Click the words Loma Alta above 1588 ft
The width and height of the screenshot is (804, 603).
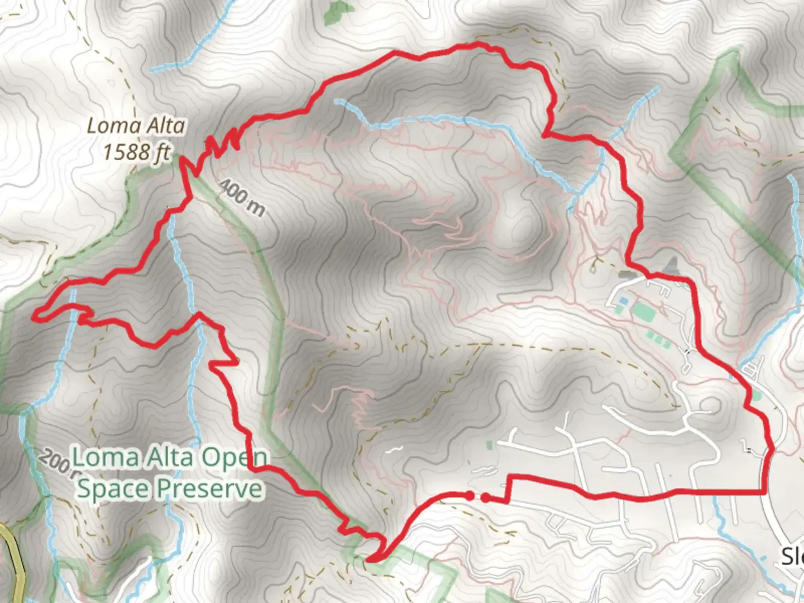[136, 126]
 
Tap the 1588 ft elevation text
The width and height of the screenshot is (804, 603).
[136, 151]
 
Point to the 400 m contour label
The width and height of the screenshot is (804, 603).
[241, 198]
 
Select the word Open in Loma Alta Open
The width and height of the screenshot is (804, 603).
[233, 458]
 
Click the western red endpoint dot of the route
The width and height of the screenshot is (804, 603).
[470, 495]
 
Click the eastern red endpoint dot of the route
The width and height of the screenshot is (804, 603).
[486, 497]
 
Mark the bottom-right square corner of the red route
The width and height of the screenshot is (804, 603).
[763, 492]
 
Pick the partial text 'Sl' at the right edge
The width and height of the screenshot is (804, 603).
[792, 556]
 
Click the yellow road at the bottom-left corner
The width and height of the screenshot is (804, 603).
[17, 564]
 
